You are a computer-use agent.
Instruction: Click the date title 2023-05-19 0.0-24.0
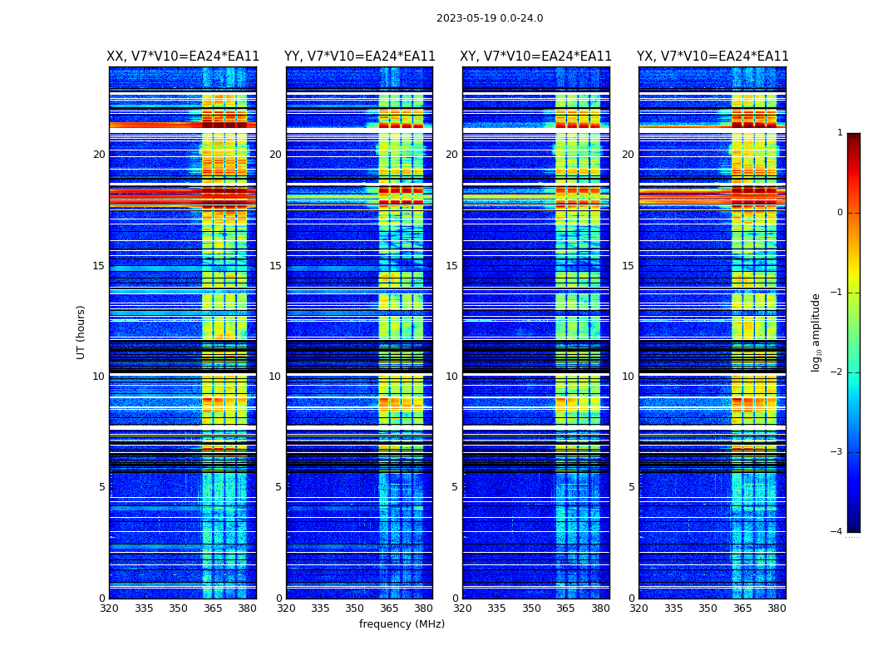pyautogui.click(x=490, y=18)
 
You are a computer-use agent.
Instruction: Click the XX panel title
pyautogui.click(x=183, y=57)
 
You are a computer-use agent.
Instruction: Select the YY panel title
pyautogui.click(x=359, y=57)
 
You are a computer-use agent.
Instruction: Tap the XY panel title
pyautogui.click(x=536, y=57)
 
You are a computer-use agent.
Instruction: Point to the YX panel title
pyautogui.click(x=713, y=57)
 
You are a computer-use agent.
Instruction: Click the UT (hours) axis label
pyautogui.click(x=81, y=332)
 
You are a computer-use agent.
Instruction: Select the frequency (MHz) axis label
pyautogui.click(x=402, y=624)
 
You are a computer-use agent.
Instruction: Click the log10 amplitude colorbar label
pyautogui.click(x=816, y=332)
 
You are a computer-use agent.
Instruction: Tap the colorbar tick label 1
pyautogui.click(x=840, y=133)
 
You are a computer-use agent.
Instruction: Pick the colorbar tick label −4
pyautogui.click(x=837, y=532)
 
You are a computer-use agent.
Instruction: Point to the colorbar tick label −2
pyautogui.click(x=837, y=372)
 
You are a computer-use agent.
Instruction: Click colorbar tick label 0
pyautogui.click(x=840, y=213)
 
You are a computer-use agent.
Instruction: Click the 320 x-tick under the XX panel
pyautogui.click(x=109, y=608)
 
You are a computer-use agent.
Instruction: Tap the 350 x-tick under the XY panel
pyautogui.click(x=531, y=608)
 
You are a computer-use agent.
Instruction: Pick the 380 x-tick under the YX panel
pyautogui.click(x=777, y=608)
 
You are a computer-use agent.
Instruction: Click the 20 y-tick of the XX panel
pyautogui.click(x=99, y=155)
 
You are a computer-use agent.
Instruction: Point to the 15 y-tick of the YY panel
pyautogui.click(x=275, y=266)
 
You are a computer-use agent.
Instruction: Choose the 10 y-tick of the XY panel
pyautogui.click(x=451, y=377)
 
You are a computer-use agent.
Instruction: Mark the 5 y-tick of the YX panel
pyautogui.click(x=632, y=487)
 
